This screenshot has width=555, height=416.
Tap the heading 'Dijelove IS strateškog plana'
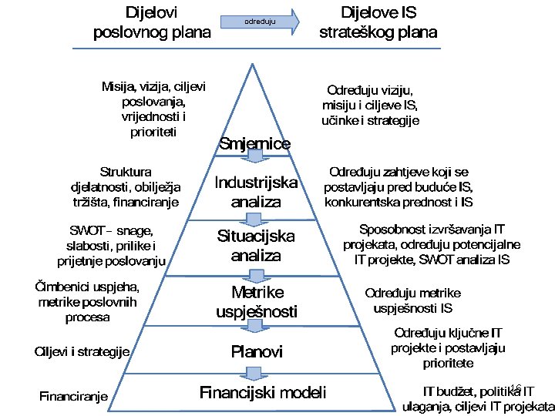[378, 22]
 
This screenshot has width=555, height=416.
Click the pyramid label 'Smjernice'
[255, 143]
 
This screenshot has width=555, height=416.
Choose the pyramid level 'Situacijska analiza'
[255, 246]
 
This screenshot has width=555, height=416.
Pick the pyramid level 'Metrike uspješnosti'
[257, 302]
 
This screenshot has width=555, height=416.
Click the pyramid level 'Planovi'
[257, 352]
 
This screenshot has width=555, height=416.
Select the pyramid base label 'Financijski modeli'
[263, 392]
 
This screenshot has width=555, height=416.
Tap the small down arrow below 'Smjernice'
[255, 158]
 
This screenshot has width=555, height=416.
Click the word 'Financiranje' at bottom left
[73, 397]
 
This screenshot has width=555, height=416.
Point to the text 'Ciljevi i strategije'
[81, 352]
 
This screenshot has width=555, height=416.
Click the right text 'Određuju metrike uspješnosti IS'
[412, 300]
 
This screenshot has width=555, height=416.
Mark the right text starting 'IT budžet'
[478, 398]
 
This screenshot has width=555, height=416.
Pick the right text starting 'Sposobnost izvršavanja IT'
[432, 244]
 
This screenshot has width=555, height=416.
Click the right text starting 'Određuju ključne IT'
[448, 347]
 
